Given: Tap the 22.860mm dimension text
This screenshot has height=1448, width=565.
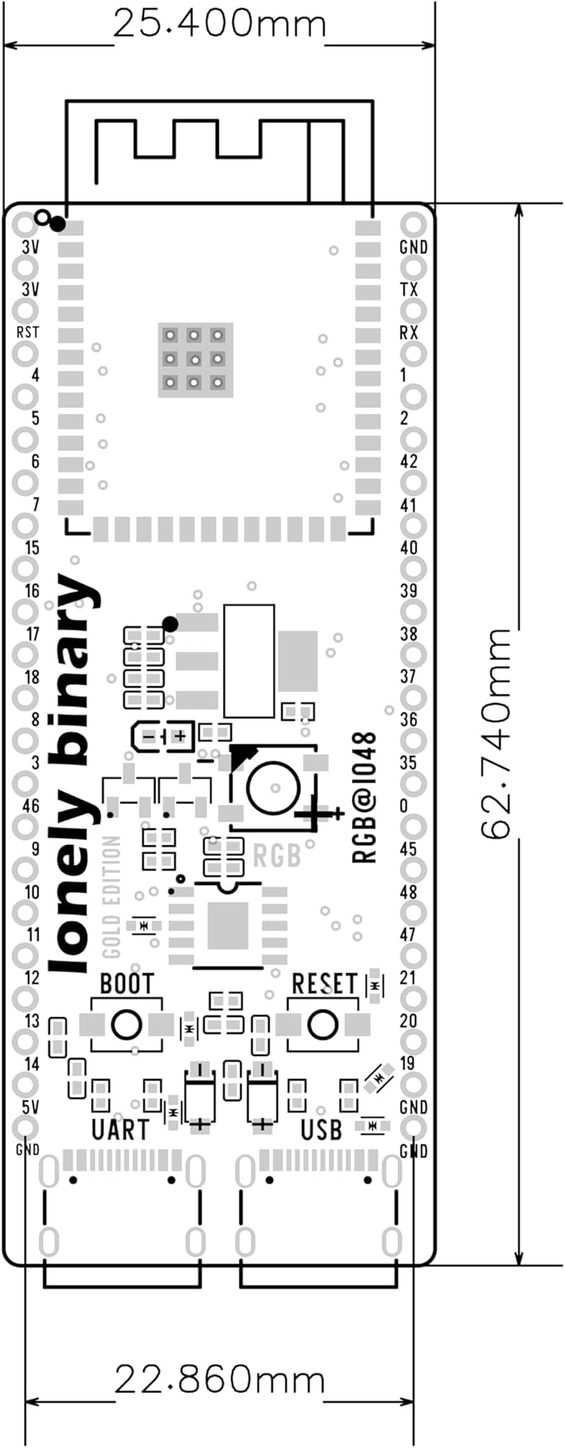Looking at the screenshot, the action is click(x=220, y=1381).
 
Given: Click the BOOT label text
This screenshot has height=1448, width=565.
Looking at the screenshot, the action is click(x=126, y=984).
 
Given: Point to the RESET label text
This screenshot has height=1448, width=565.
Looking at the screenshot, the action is click(x=324, y=984).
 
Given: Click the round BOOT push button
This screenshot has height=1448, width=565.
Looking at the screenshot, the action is click(x=126, y=1025).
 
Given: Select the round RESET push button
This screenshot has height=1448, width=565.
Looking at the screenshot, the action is click(x=323, y=1025).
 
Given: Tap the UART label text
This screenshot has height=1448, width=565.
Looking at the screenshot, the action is click(x=120, y=1129).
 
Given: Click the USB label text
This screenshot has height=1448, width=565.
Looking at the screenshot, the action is click(x=321, y=1129).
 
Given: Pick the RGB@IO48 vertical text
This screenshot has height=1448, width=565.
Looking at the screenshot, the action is click(x=365, y=798).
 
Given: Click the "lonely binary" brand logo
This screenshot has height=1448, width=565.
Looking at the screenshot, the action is click(x=73, y=773).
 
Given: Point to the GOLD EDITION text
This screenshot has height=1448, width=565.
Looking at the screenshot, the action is click(x=112, y=897).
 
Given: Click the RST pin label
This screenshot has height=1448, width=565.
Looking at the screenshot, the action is click(x=27, y=332).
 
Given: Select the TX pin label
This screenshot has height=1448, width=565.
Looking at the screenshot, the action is click(x=409, y=289).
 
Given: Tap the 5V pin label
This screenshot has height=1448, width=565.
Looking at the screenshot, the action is click(x=30, y=1107).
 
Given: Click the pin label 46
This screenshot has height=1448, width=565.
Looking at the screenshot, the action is click(x=31, y=806).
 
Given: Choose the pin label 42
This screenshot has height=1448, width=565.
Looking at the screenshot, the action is click(x=409, y=462).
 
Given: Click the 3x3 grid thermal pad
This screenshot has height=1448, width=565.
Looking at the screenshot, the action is click(x=194, y=359).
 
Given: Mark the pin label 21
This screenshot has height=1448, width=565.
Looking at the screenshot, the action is click(x=408, y=977).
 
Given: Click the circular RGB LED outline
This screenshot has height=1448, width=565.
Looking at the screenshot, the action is click(x=272, y=787).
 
